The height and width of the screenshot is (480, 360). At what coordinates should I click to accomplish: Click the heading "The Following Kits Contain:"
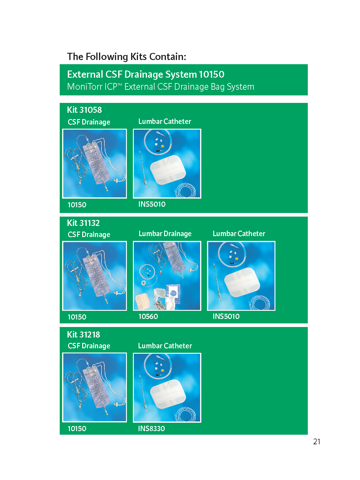point(127,57)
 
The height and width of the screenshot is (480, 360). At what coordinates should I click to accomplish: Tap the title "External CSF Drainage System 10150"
point(145,74)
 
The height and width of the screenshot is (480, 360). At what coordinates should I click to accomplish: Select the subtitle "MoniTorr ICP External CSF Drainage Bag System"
point(161,87)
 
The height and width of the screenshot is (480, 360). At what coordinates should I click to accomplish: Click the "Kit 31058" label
point(84,110)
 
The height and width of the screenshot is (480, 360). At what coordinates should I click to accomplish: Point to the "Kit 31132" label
point(83,223)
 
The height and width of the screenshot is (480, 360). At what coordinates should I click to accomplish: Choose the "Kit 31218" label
point(83,334)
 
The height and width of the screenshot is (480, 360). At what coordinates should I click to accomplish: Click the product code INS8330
point(151,429)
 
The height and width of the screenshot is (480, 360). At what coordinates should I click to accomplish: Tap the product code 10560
point(148,316)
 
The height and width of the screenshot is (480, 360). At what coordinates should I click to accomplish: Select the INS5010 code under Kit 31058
point(152,204)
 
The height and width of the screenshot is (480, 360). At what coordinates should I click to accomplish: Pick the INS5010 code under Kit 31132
point(226,316)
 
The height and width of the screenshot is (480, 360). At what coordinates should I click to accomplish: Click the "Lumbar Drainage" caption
point(165,234)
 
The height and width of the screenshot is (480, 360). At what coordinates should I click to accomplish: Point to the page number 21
point(317,442)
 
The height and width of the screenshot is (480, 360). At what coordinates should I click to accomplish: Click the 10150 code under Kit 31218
point(77,429)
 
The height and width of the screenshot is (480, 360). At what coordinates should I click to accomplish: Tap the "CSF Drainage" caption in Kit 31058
point(89,122)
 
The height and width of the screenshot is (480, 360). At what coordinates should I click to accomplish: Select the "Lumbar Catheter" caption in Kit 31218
point(165,346)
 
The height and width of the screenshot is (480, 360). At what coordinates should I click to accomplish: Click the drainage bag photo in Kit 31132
point(94,276)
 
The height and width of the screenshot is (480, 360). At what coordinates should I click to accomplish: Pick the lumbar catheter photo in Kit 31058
point(167,163)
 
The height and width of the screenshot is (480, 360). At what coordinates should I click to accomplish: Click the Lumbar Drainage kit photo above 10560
point(167,276)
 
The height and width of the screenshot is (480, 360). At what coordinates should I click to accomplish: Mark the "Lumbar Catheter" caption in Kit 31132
point(239,234)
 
